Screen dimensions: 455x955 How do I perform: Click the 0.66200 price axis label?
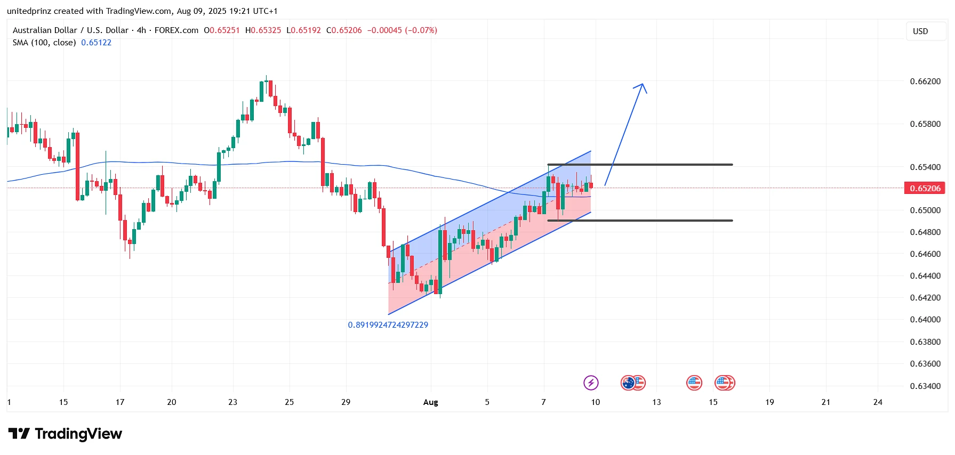[x=925, y=82]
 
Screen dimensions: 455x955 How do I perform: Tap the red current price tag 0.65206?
[x=925, y=188]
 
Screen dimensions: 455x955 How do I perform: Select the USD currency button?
[x=920, y=31]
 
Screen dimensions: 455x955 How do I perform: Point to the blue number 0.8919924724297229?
[x=388, y=325]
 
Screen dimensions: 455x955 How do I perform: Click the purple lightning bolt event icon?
[x=591, y=383]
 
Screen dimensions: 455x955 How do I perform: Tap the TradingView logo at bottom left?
[x=65, y=434]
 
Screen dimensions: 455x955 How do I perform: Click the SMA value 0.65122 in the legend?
[x=96, y=43]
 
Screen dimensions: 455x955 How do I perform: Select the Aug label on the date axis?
[x=430, y=402]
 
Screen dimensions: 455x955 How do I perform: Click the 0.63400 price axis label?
[x=925, y=386]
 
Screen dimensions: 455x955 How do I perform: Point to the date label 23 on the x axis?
[x=232, y=402]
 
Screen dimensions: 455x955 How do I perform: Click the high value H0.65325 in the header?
[x=263, y=30]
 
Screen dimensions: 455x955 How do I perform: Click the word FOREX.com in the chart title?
[x=176, y=30]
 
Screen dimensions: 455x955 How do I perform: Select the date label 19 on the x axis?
[x=769, y=402]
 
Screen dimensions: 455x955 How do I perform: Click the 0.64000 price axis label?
[x=925, y=320]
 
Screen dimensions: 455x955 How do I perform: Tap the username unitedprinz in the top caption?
[x=29, y=11]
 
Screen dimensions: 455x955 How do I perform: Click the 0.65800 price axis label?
[x=925, y=124]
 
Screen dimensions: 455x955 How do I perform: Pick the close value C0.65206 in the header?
[x=344, y=30]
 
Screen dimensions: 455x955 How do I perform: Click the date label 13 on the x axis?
[x=656, y=402]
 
